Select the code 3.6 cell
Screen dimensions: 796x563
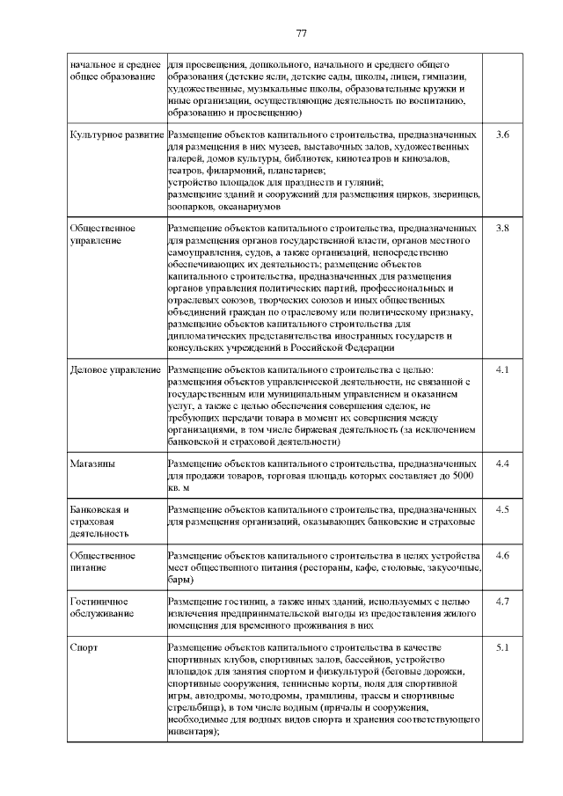502,135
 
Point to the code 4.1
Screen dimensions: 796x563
502,369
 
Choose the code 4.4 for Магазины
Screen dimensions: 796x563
502,463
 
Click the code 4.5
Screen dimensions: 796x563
502,509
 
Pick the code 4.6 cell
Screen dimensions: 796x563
502,556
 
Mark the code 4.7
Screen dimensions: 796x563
502,602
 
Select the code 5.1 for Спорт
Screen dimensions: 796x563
502,648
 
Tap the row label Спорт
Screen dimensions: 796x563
84,648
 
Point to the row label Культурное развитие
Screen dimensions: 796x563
116,135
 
